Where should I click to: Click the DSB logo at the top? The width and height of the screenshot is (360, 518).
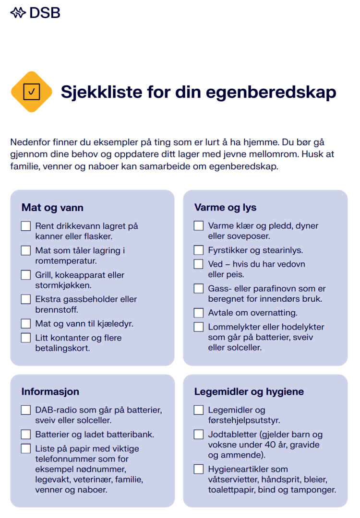[35, 13]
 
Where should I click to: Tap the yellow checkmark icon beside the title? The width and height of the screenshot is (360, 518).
[32, 92]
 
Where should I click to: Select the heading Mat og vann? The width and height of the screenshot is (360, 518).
[52, 208]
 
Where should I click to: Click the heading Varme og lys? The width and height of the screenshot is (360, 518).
[225, 208]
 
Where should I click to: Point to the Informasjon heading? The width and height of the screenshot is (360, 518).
[50, 391]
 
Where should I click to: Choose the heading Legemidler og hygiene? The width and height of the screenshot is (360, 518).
[249, 391]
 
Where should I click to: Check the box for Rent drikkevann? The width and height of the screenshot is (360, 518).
[26, 226]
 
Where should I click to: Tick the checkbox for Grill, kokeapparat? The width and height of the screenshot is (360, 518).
[26, 275]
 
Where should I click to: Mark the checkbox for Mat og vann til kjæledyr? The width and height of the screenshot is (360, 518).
[26, 324]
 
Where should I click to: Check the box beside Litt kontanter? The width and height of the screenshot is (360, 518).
[26, 338]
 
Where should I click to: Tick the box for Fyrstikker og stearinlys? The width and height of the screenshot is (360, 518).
[199, 250]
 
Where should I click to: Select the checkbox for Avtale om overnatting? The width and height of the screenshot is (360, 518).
[199, 313]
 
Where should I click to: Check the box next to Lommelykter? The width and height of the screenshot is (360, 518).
[199, 327]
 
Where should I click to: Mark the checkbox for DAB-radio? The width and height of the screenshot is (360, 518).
[26, 411]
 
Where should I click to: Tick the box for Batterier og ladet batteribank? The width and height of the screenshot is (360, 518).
[26, 435]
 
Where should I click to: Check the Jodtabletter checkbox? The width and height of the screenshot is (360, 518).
[199, 435]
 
